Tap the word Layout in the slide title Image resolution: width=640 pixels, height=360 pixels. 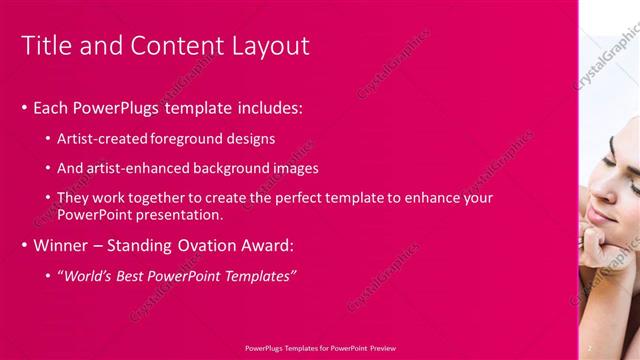(272, 46)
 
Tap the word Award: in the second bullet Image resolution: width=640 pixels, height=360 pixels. (277, 244)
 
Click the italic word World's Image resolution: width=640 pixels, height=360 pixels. (87, 275)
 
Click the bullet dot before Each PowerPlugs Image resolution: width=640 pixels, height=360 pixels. (24, 107)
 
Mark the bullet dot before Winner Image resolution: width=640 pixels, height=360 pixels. (24, 244)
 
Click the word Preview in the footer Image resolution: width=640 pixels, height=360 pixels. (381, 348)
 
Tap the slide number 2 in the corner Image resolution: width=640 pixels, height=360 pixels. (590, 347)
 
